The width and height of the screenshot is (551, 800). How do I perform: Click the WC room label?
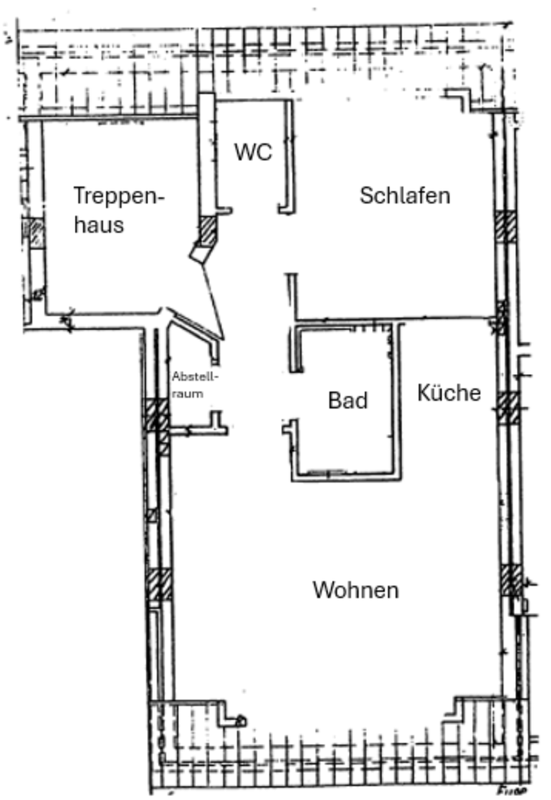[x=253, y=152]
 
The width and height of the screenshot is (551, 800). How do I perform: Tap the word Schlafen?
[x=405, y=196]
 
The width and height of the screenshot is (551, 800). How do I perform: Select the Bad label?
[x=347, y=401]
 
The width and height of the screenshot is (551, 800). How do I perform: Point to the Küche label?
[x=449, y=392]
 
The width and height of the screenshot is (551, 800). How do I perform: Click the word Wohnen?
[x=355, y=591]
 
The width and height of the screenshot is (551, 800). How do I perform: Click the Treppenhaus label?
[x=119, y=209]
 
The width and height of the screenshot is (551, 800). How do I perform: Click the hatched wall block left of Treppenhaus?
[x=36, y=232]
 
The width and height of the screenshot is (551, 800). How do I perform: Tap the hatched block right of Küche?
[x=508, y=407]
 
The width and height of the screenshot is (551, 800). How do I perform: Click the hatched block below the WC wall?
[x=207, y=229]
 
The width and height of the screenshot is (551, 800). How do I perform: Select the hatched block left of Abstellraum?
[x=155, y=414]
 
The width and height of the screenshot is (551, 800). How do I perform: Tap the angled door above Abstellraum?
[x=196, y=327]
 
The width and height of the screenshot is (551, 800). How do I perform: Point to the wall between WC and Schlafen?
[x=290, y=154]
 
